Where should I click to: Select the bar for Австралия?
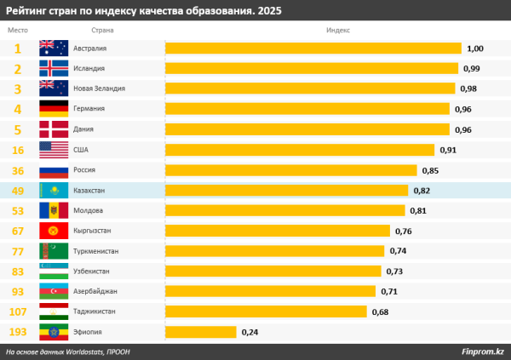(x=313, y=49)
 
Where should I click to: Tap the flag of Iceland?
(x=54, y=68)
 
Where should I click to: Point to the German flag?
(x=54, y=109)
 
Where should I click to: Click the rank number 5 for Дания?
(x=18, y=129)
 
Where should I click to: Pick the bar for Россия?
(x=290, y=170)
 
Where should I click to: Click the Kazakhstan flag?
(x=54, y=191)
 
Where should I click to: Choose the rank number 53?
(x=18, y=210)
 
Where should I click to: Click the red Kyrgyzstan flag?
(x=54, y=231)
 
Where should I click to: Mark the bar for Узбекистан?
(x=273, y=271)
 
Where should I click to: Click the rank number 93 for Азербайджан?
(x=18, y=291)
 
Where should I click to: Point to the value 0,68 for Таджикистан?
(x=380, y=311)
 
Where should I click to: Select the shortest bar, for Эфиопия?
(x=200, y=332)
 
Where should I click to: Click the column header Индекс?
(x=337, y=30)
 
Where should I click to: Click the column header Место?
(x=18, y=30)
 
